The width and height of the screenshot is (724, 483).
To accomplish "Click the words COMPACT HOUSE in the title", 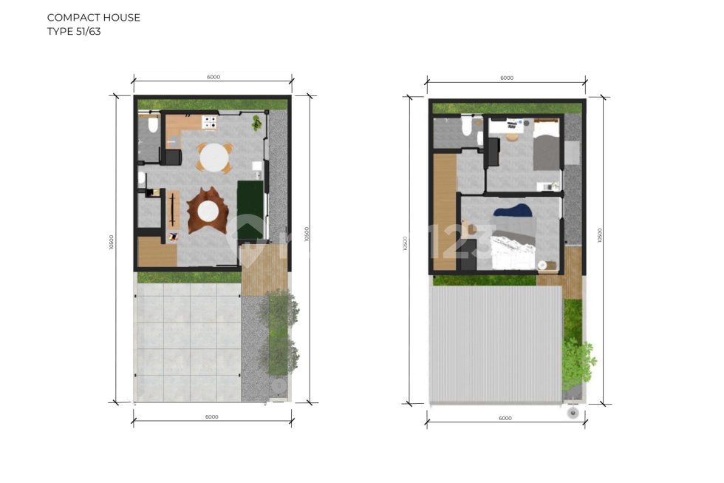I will (94, 18).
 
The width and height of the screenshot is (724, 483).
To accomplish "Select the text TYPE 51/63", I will (74, 32).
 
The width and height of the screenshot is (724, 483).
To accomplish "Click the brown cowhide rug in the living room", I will (205, 211).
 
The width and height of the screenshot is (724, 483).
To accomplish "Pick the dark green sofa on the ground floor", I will (250, 209).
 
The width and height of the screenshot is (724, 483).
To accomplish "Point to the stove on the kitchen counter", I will (210, 122).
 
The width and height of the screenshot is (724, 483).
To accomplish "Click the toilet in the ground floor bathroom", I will (154, 125).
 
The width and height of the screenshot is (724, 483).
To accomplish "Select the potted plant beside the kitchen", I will (257, 123).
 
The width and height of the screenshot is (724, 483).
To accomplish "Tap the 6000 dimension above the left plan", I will (214, 77).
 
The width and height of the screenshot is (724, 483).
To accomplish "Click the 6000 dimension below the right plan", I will (505, 419).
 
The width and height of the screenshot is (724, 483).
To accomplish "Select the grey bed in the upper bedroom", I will (546, 147).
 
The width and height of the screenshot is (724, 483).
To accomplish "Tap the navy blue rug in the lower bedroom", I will (514, 214).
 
